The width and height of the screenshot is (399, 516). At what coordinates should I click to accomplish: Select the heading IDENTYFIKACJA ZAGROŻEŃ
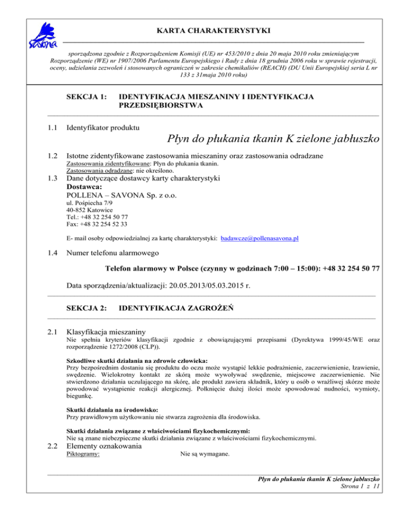[176, 308]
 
